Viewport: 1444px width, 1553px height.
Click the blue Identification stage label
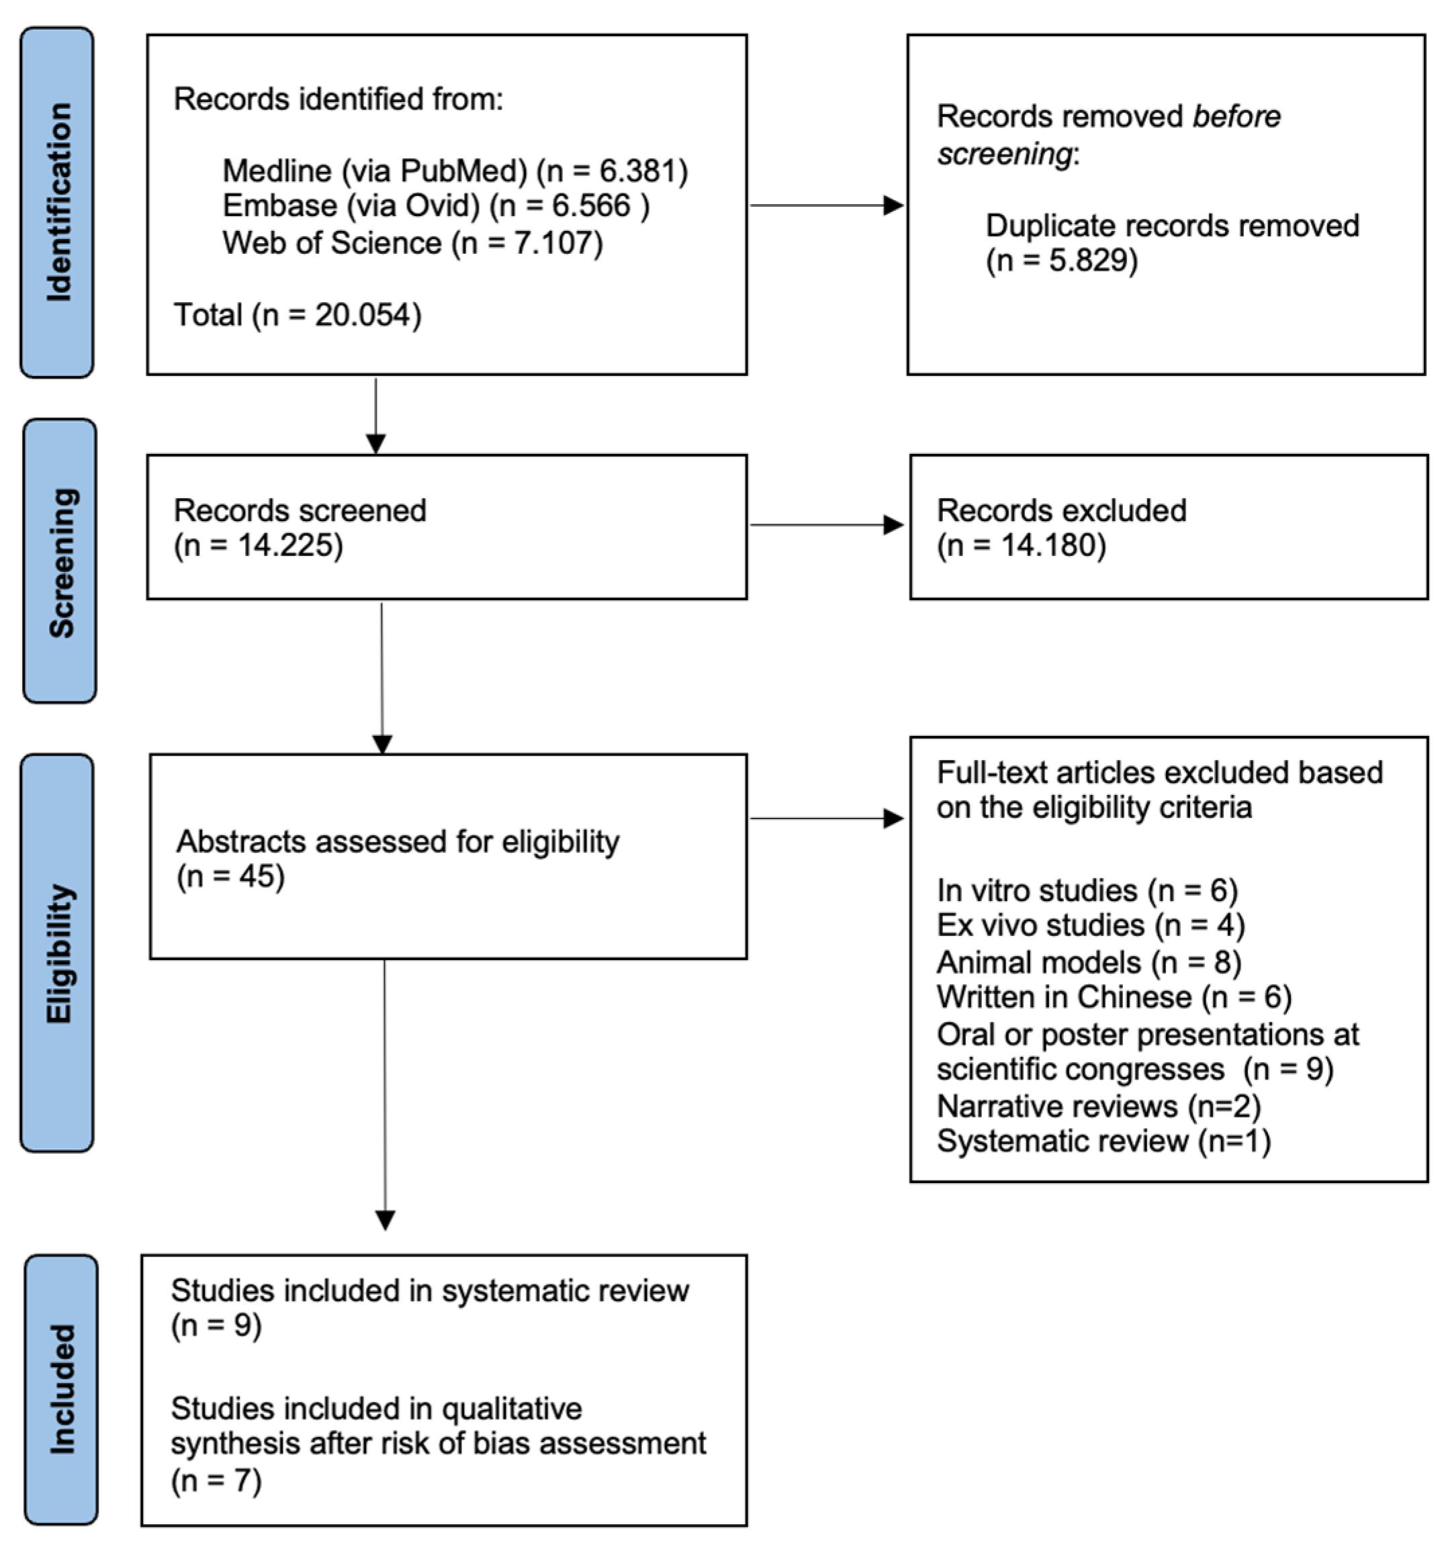point(57,202)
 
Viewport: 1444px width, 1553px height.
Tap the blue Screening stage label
point(60,561)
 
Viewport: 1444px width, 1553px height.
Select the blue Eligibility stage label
point(57,952)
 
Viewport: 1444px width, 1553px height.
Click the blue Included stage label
point(61,1389)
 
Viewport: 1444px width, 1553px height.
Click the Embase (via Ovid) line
point(435,206)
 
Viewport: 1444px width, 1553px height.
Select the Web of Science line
point(412,243)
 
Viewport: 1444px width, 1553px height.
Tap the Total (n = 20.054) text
point(297,315)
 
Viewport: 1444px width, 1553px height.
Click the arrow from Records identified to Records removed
point(826,205)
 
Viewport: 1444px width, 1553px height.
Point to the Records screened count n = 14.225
point(258,545)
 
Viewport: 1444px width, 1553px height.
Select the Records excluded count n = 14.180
point(1022,545)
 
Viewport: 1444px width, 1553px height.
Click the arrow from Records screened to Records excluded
point(826,525)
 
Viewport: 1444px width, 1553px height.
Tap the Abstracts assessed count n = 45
point(230,876)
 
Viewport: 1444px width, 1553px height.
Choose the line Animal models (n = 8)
point(1089,962)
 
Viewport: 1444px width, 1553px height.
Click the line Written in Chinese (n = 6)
point(1114,998)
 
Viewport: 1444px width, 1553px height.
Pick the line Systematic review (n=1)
point(1103,1141)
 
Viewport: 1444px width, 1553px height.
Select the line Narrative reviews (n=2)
point(1099,1106)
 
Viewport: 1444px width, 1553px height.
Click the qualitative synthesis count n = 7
point(216,1480)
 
